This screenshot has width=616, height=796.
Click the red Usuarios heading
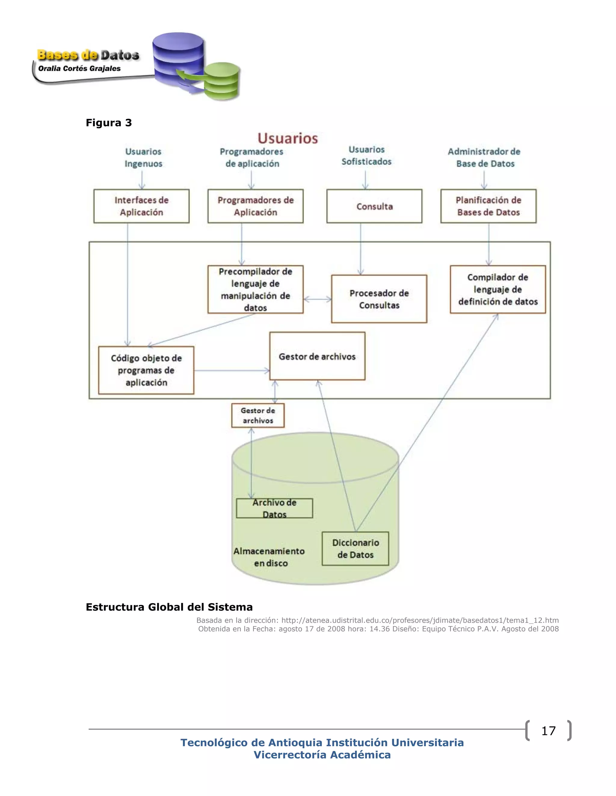(288, 138)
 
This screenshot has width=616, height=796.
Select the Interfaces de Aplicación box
(141, 206)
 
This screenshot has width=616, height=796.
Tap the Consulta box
(374, 206)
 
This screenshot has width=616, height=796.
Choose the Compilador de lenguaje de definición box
(498, 289)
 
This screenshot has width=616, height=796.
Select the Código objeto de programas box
(146, 370)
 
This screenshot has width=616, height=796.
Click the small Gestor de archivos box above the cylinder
(258, 415)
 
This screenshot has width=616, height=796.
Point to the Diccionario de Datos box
(355, 548)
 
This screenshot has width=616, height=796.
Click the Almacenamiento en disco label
(269, 557)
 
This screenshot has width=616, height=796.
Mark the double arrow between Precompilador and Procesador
(318, 299)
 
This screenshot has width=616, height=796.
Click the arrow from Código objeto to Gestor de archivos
(231, 371)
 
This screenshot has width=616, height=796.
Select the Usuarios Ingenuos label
(143, 157)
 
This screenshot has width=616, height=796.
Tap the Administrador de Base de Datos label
(484, 157)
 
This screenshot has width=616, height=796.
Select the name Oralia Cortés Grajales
(79, 68)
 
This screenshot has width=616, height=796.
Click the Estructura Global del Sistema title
(169, 607)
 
